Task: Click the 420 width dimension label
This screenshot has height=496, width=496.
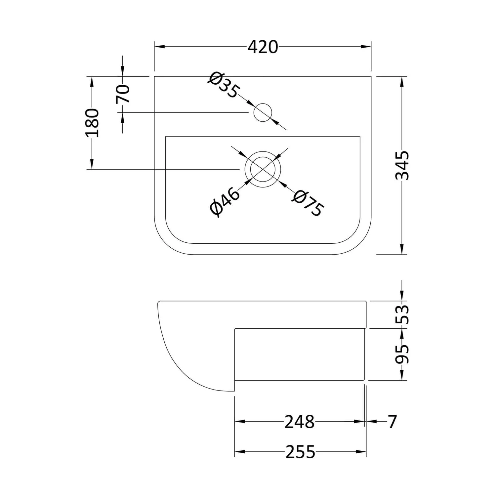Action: [x=263, y=47]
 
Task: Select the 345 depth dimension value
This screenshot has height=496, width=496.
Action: [x=402, y=165]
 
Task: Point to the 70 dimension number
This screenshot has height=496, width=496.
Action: [x=123, y=94]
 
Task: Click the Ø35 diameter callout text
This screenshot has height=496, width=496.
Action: [x=223, y=85]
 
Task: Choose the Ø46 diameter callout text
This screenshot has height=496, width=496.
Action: [x=225, y=202]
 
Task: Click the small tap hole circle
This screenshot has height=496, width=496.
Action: [x=263, y=112]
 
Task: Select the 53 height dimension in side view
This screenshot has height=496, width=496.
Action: [x=402, y=314]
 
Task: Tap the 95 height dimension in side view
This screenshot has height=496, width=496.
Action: [x=402, y=354]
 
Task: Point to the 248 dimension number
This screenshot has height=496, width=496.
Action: [x=299, y=422]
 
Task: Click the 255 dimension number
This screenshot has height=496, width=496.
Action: [x=300, y=452]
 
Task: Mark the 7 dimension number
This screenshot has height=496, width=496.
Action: [x=392, y=422]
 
